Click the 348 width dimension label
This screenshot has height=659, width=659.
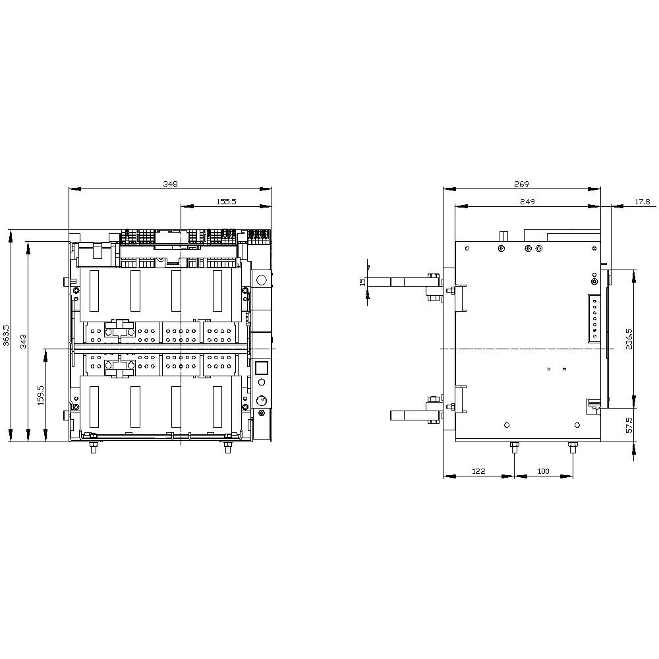coord(170,184)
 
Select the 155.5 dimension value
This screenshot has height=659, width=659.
coord(226,202)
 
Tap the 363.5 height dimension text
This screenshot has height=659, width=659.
coord(7,335)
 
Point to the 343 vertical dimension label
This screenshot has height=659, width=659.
coord(24,341)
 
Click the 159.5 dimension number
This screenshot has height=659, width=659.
coord(41,395)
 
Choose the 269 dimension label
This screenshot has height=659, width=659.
coord(521,184)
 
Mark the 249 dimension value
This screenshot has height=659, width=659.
coord(527,202)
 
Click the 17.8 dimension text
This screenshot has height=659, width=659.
coord(642,202)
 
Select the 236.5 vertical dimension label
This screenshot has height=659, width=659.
coord(629,339)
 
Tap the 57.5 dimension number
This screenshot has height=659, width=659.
coord(629,425)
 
